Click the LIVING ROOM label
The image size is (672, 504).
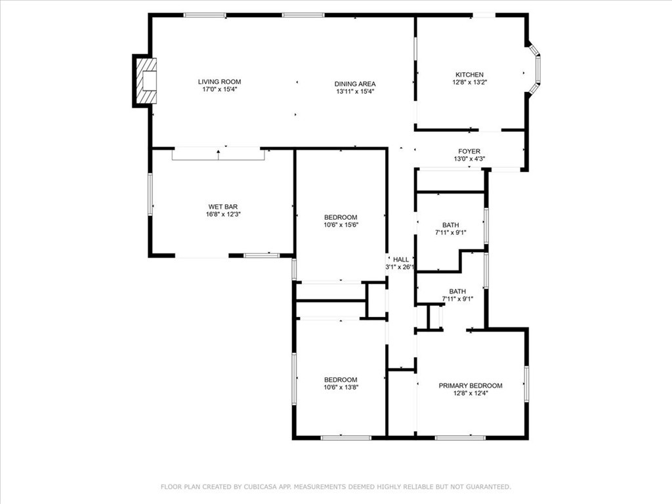tap(219, 82)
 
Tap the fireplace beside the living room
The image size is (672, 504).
tap(145, 81)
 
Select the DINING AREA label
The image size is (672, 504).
tap(355, 84)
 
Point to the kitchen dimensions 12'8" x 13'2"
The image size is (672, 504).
tap(470, 82)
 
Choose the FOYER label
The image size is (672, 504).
tap(469, 152)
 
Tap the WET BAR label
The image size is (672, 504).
tap(223, 207)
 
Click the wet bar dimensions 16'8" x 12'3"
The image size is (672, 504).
tap(223, 215)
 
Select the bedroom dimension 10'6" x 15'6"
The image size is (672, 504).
tap(341, 224)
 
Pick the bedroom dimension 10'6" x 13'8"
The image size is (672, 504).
tap(341, 387)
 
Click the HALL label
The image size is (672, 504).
tap(401, 259)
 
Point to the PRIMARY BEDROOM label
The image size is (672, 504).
tap(471, 386)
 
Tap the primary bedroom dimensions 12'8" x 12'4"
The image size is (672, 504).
tap(471, 394)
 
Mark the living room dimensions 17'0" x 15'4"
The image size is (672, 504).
tap(219, 89)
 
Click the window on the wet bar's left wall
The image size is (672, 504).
tap(150, 194)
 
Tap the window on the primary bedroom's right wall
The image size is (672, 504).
tap(526, 383)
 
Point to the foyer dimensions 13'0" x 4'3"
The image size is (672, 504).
tap(469, 159)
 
